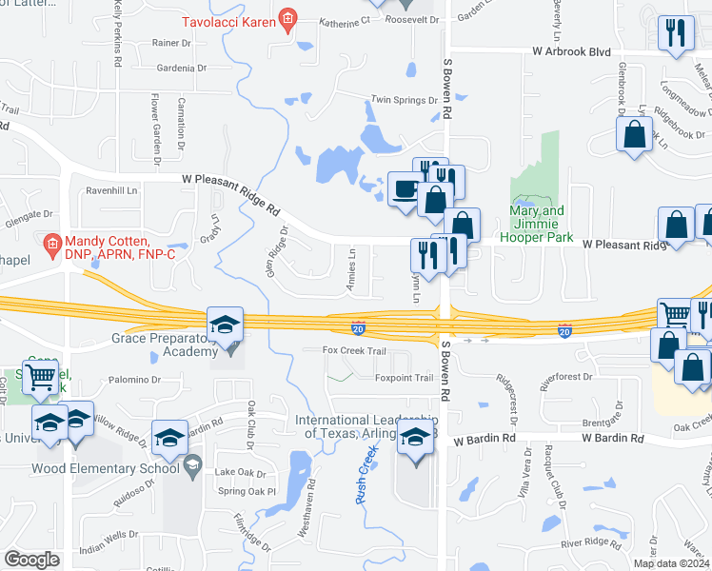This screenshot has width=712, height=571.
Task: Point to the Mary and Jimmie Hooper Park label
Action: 537,217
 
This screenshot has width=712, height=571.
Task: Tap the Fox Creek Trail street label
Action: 354,350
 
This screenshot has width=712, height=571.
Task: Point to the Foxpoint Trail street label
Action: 404,378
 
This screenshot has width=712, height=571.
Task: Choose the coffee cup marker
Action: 404,187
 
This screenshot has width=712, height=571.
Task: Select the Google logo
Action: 31,560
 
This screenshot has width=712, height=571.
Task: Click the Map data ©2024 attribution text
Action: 670,563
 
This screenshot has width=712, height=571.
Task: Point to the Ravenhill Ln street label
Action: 112,190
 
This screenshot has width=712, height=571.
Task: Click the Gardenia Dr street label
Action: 182,69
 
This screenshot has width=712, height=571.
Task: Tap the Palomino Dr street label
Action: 132,379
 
